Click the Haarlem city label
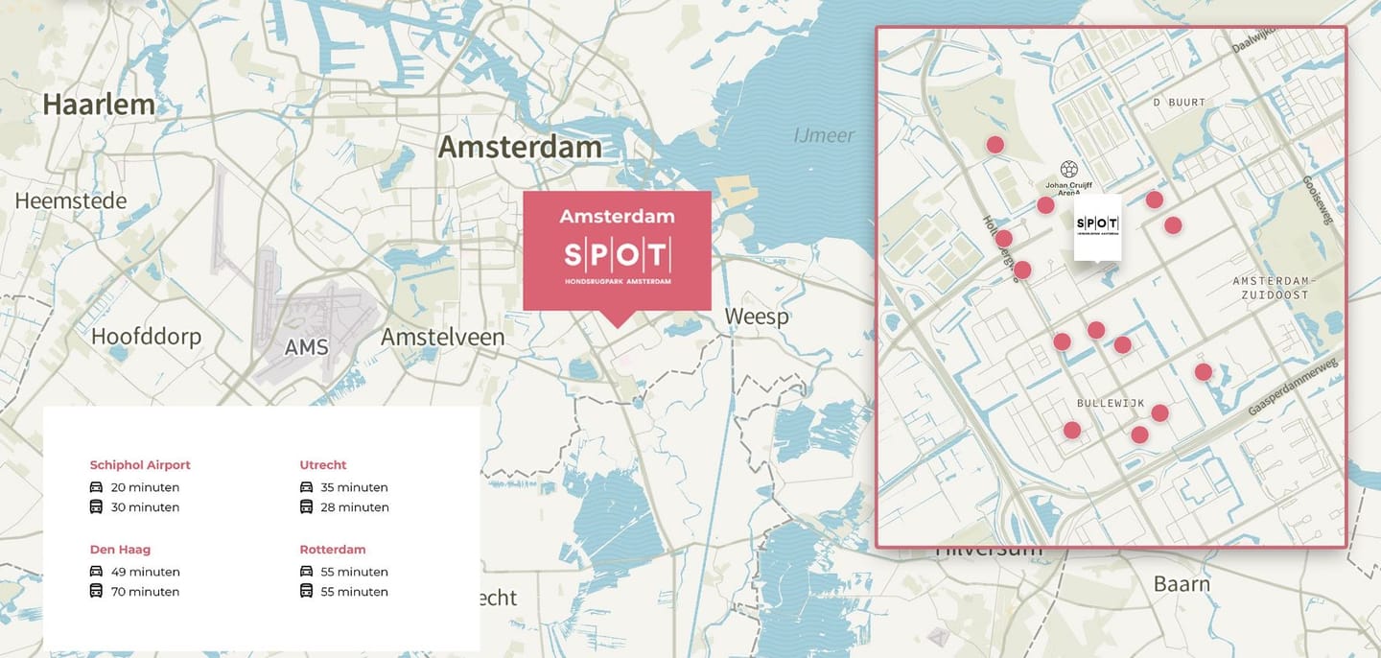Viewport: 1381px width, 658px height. (x=99, y=104)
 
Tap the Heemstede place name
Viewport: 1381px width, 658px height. (x=71, y=200)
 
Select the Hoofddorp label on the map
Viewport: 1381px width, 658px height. (x=146, y=337)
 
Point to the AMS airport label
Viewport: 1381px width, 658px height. (x=306, y=347)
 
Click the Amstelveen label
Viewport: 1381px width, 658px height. (x=442, y=337)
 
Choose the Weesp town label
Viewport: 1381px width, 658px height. (x=756, y=317)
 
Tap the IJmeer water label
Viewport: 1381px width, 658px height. (x=824, y=135)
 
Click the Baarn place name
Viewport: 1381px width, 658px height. (x=1182, y=583)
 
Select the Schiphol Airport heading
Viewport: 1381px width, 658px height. (x=140, y=465)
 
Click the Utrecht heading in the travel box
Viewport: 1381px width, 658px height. (x=323, y=465)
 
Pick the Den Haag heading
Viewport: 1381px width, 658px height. (x=120, y=550)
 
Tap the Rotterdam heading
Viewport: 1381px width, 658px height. (x=333, y=550)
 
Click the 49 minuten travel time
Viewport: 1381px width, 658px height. (x=145, y=572)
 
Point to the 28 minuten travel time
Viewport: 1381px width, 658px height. (x=355, y=507)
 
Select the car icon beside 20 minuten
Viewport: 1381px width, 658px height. (x=96, y=487)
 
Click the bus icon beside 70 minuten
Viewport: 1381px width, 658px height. (x=96, y=591)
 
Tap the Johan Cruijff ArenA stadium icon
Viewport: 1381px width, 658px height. (x=1069, y=169)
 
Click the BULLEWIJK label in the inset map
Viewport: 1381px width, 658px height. (x=1111, y=404)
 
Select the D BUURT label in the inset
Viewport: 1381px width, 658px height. (x=1179, y=102)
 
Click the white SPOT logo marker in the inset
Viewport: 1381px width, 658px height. (x=1097, y=226)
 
